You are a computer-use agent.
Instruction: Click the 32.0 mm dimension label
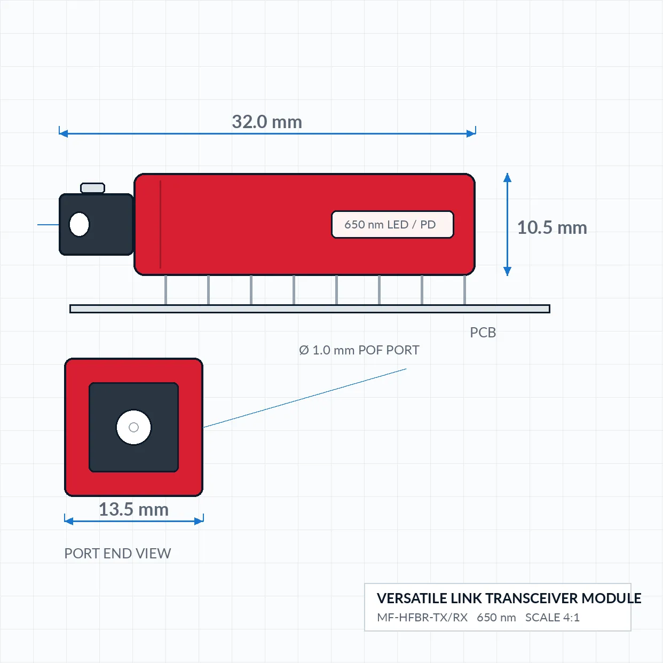click(x=267, y=122)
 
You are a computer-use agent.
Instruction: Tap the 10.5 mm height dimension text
click(x=552, y=228)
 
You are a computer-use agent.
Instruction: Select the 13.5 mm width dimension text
click(x=133, y=509)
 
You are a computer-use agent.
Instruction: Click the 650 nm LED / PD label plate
click(x=392, y=224)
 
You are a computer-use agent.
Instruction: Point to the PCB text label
click(x=483, y=333)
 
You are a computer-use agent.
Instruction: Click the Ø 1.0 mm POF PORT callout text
click(x=359, y=350)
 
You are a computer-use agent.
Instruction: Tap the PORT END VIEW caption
click(x=117, y=554)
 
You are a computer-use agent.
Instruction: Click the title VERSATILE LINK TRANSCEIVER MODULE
click(x=509, y=598)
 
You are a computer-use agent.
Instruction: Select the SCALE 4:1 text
click(x=552, y=618)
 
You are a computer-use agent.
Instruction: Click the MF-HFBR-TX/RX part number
click(x=422, y=618)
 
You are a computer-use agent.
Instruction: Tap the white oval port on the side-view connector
click(x=79, y=224)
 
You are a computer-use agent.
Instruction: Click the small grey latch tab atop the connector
click(x=92, y=188)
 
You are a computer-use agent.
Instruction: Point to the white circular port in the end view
click(x=133, y=428)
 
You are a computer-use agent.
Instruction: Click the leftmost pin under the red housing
click(x=166, y=290)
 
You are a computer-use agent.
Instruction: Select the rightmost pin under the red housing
click(x=464, y=290)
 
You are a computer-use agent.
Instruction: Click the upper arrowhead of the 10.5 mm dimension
click(x=507, y=178)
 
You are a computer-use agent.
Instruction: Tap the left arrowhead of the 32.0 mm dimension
click(x=64, y=133)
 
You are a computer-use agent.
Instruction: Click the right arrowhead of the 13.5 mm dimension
click(x=199, y=521)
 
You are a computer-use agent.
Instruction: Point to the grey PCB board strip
click(x=310, y=309)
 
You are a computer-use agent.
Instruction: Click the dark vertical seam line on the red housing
click(x=160, y=224)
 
